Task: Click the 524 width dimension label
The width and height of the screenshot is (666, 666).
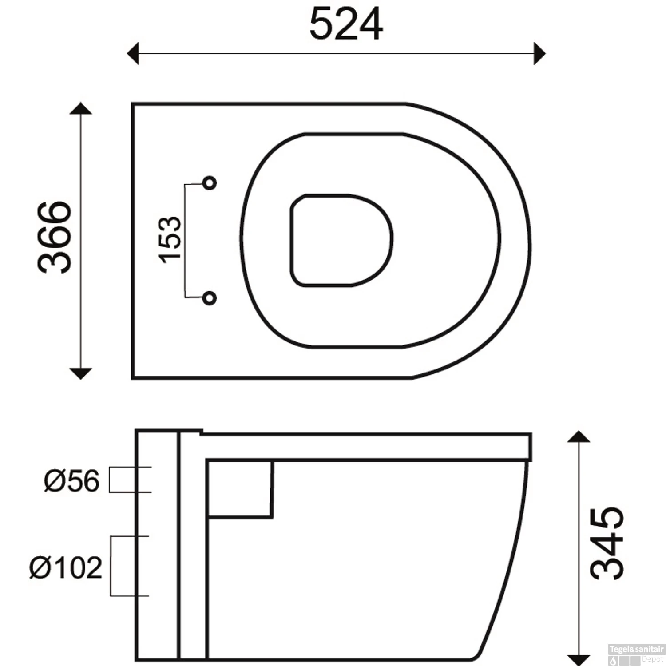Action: pyautogui.click(x=346, y=24)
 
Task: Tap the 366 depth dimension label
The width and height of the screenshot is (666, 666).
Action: pyautogui.click(x=55, y=237)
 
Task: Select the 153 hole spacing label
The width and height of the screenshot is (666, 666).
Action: pyautogui.click(x=170, y=240)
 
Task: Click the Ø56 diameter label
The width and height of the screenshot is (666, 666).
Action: pyautogui.click(x=71, y=480)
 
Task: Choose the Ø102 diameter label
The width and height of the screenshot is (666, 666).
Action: pyautogui.click(x=66, y=567)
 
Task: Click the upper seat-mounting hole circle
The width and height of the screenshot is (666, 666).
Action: pyautogui.click(x=210, y=182)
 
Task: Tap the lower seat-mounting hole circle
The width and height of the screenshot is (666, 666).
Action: pyautogui.click(x=210, y=298)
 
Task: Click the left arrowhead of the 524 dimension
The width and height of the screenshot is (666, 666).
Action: pyautogui.click(x=133, y=54)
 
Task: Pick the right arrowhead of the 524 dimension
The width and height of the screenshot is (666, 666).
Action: pyautogui.click(x=539, y=54)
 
